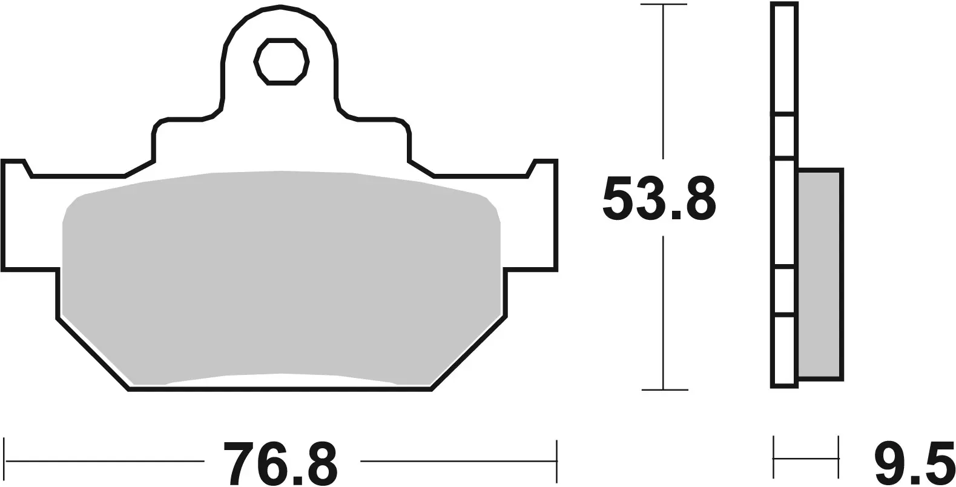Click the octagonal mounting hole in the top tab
pyautogui.click(x=282, y=62)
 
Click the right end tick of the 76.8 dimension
pyautogui.click(x=556, y=462)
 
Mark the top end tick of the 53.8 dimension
pyautogui.click(x=664, y=5)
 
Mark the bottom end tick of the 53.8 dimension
pyautogui.click(x=664, y=389)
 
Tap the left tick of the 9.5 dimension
pyautogui.click(x=774, y=457)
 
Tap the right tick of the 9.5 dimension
pyautogui.click(x=839, y=457)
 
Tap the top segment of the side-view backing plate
pyautogui.click(x=785, y=58)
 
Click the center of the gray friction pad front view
pyautogui.click(x=282, y=276)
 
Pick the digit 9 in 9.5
pyautogui.click(x=888, y=463)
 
